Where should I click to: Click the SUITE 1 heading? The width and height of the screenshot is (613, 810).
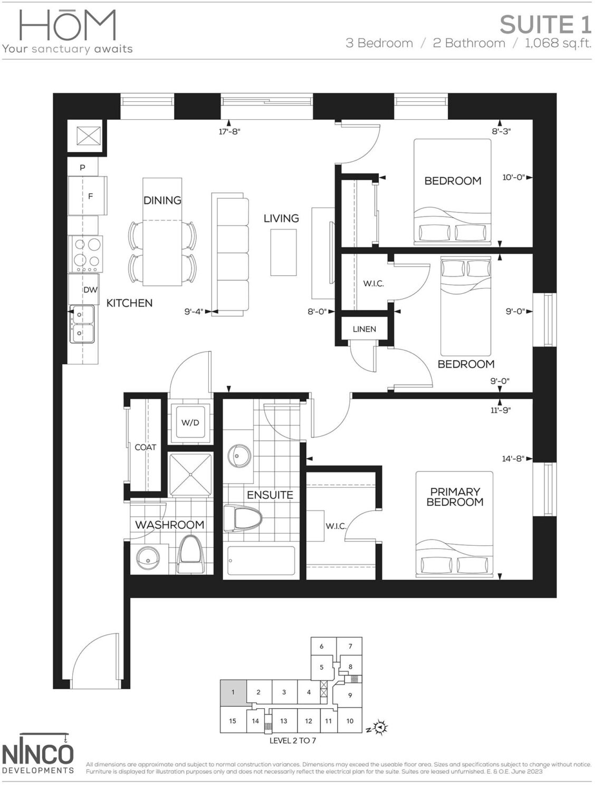(545, 25)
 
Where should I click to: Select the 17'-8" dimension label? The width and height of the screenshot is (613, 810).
(229, 131)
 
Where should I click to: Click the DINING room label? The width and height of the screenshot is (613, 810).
(162, 200)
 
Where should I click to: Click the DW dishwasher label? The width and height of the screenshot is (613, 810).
(90, 290)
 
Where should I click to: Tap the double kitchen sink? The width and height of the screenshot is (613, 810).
(83, 324)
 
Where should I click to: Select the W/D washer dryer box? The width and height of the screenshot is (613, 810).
(190, 422)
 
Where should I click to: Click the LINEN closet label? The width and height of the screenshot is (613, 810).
(365, 329)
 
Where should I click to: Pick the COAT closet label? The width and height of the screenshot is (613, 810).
(145, 447)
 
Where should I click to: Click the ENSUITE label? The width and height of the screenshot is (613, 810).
(270, 495)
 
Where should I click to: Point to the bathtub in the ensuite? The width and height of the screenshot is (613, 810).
(261, 561)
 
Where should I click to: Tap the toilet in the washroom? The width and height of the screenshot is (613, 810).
(190, 555)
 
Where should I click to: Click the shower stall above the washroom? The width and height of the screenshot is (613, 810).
(190, 474)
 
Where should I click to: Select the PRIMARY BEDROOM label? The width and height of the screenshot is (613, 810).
(455, 497)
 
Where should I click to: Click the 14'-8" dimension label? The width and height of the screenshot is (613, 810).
(513, 459)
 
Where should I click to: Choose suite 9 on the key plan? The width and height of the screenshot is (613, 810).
(350, 695)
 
